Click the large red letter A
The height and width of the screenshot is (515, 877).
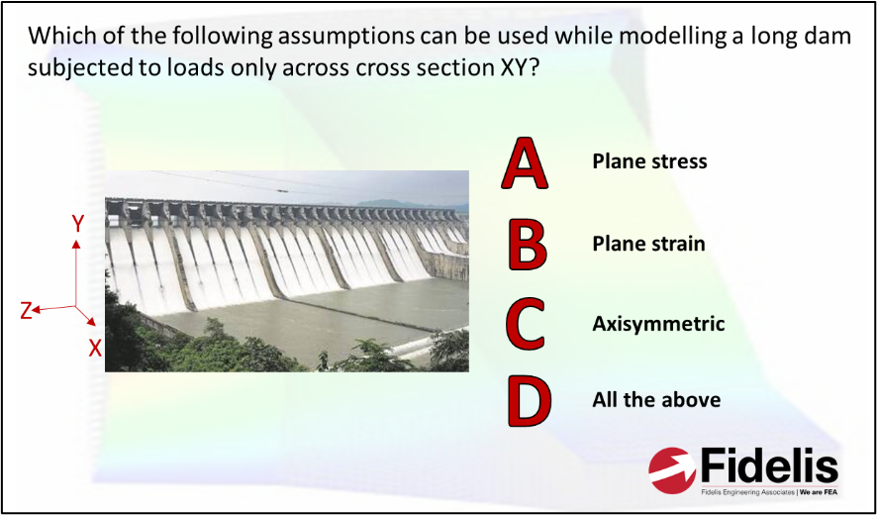point(524,162)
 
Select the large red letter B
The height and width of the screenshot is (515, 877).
point(527,245)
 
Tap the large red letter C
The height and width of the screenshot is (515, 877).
point(525,325)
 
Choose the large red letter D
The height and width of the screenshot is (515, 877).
point(529,401)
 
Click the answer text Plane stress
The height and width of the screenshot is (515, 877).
point(649,161)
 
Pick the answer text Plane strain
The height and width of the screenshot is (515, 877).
point(648,245)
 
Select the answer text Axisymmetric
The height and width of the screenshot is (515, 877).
point(658,324)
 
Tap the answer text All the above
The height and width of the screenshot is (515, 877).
point(656,400)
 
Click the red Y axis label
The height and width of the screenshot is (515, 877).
point(78,225)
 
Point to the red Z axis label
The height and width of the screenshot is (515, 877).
point(26,311)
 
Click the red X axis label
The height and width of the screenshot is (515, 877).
point(95,349)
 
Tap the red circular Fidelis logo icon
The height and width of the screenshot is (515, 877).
point(672,470)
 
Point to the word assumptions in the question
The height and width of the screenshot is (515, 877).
point(330,38)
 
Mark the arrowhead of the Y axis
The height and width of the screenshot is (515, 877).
point(76,243)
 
